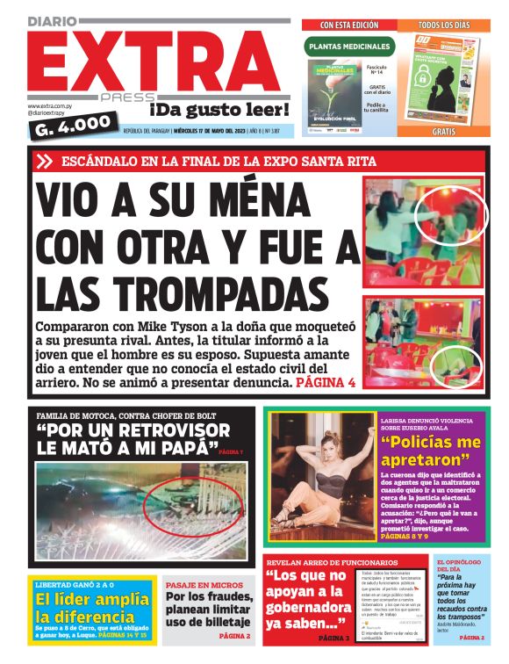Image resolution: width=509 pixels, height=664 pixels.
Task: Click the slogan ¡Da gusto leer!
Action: [x=219, y=109]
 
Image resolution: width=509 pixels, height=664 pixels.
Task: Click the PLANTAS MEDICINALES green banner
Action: [x=348, y=47]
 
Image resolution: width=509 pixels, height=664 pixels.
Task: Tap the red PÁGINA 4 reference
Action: [x=326, y=383]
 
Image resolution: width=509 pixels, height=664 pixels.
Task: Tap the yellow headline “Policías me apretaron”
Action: [x=432, y=450]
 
